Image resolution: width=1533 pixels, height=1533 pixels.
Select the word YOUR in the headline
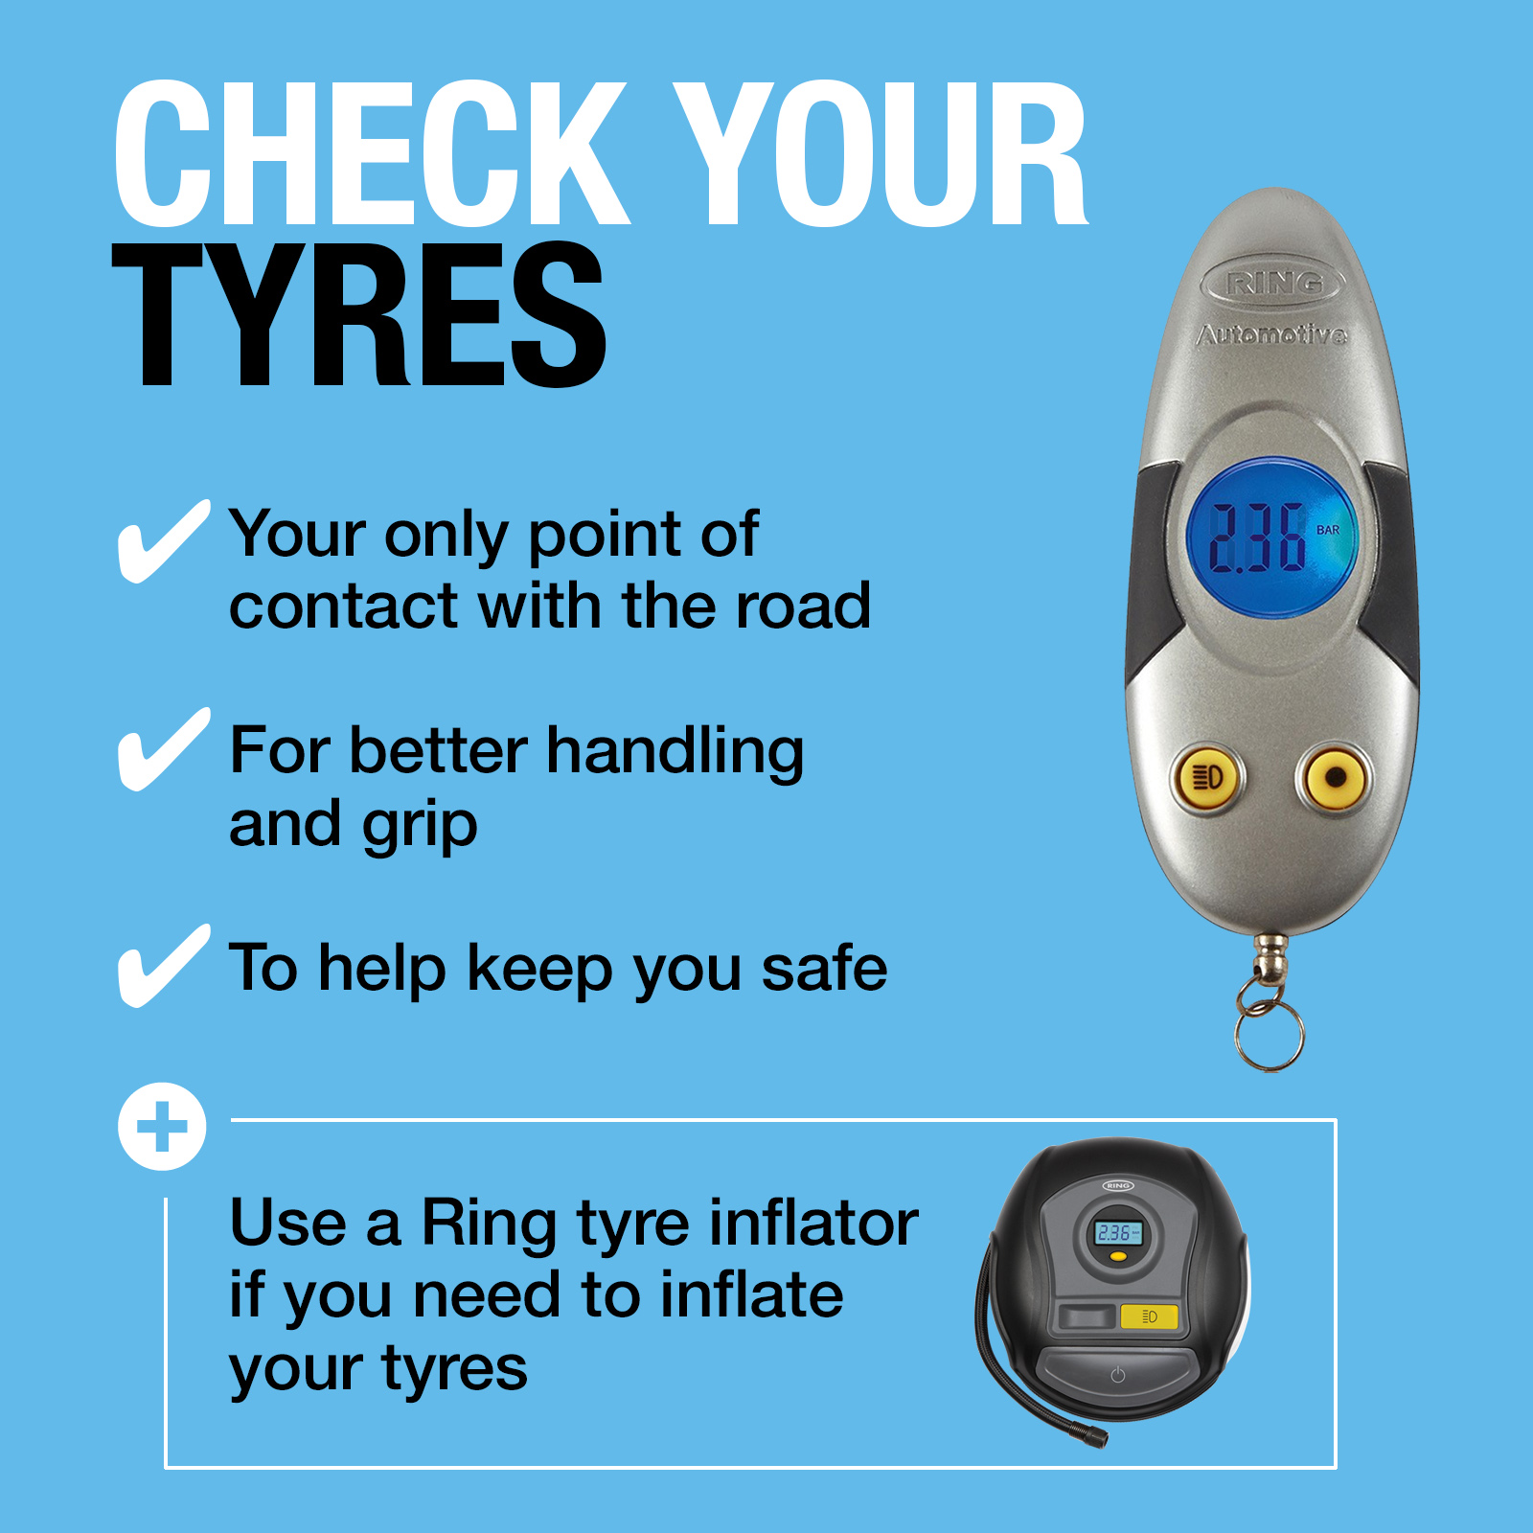coord(880,153)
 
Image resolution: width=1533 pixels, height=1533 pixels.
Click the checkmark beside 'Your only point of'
coord(163,541)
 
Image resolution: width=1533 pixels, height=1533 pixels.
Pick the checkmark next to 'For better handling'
coord(163,749)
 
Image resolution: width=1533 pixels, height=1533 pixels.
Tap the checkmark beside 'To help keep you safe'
coord(163,966)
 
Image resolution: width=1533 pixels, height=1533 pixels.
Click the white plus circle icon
coord(162,1126)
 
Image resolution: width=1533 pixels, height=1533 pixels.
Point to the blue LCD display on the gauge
coord(1271,537)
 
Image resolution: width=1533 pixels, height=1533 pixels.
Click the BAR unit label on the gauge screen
coord(1328,530)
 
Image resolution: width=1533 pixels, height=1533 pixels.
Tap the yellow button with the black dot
coord(1334,777)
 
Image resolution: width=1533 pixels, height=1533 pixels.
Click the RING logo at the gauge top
coord(1273,283)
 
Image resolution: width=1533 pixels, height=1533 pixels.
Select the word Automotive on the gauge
coord(1272,334)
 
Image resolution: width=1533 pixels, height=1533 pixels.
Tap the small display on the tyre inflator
coord(1117,1233)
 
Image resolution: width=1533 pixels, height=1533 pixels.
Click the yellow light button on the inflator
coord(1149,1316)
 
